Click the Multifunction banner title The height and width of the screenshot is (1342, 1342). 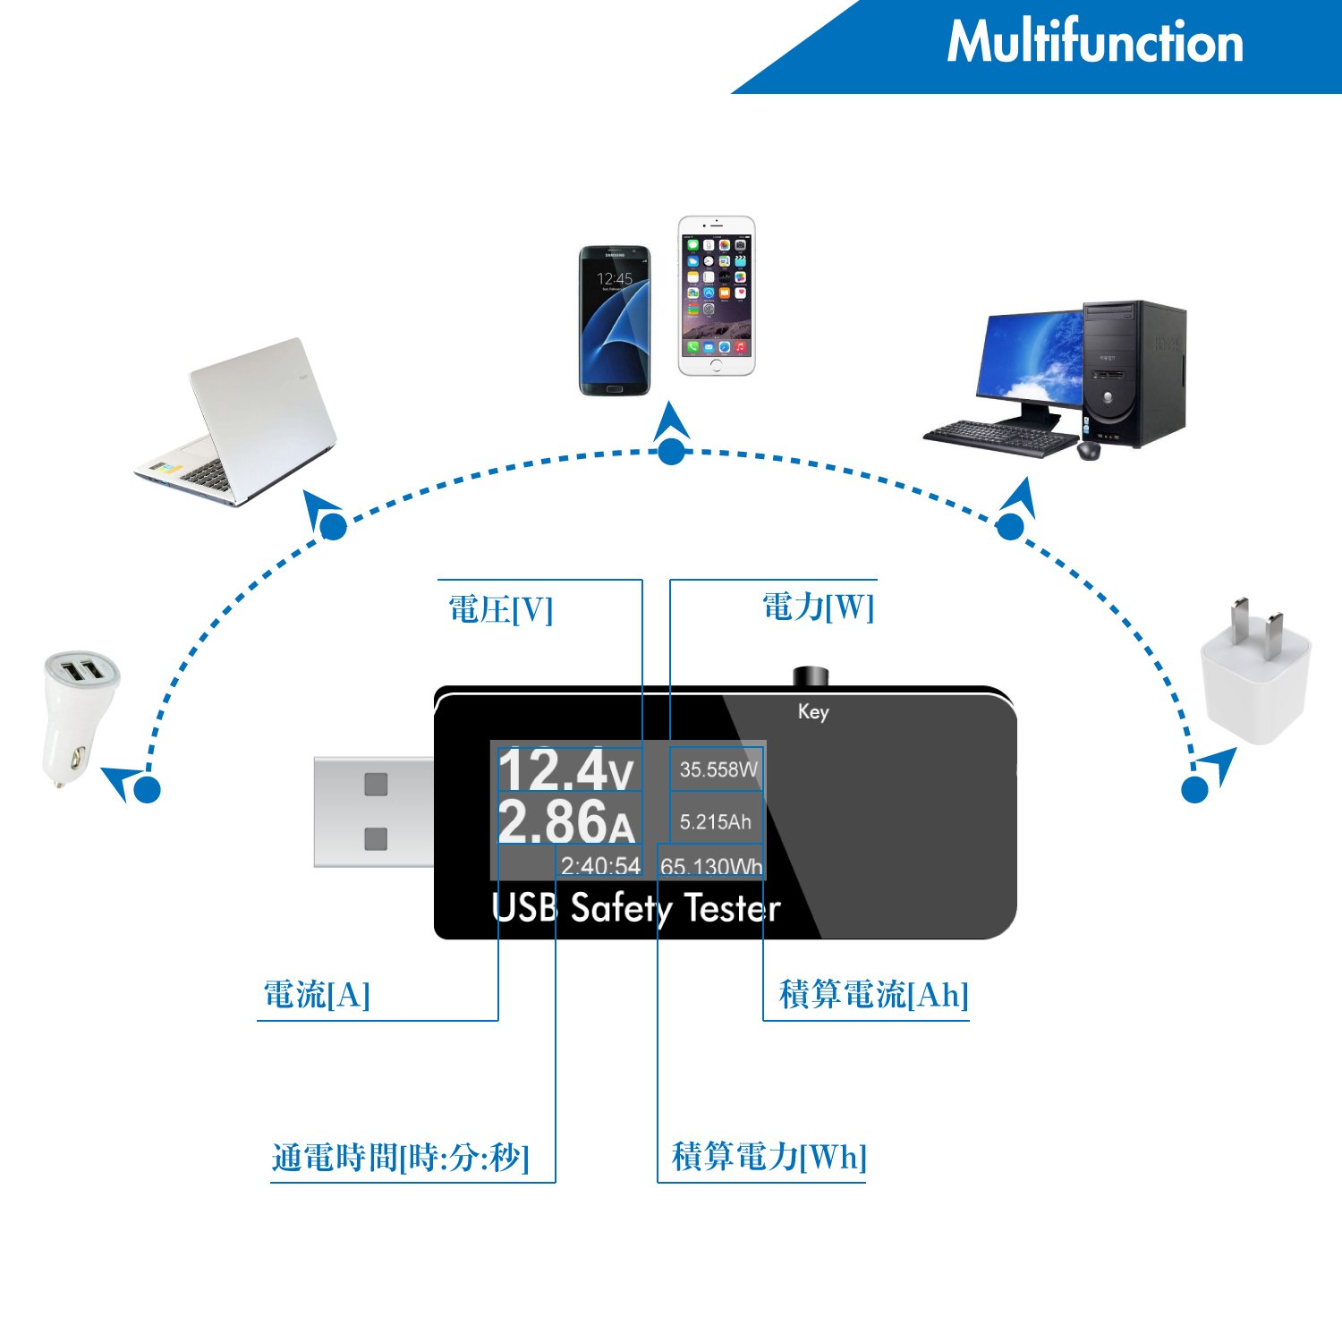coord(1094,42)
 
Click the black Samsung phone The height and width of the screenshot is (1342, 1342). coord(614,320)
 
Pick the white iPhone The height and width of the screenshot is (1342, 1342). coord(716,295)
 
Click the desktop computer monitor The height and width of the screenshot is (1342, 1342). coord(1029,358)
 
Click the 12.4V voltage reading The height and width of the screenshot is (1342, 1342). coord(565,769)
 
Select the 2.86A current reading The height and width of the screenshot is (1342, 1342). coord(565,821)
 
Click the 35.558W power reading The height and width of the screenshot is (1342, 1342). coord(718,769)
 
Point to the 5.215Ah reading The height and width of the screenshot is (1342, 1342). coord(715,821)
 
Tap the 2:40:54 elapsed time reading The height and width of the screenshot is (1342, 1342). coord(600,865)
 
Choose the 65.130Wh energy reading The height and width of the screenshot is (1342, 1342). coord(711,866)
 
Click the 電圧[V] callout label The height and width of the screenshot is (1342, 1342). coord(500,610)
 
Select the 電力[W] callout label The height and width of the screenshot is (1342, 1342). coord(818,607)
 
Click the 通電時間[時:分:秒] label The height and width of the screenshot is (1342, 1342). coord(400,1157)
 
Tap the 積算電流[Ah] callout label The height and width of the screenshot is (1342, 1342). coord(873,994)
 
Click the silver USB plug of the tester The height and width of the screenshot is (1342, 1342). coord(374,811)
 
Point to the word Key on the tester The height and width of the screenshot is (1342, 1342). coord(813,711)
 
